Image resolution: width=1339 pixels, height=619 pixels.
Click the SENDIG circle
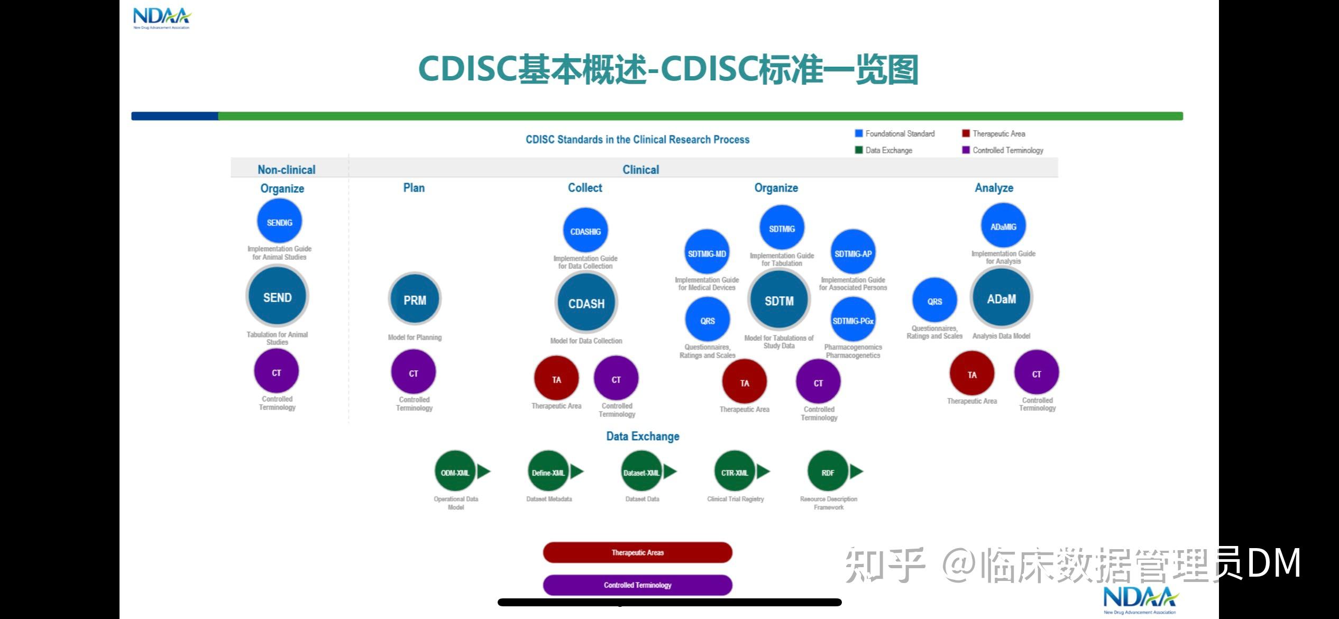(x=279, y=222)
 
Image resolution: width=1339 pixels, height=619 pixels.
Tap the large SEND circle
(x=277, y=297)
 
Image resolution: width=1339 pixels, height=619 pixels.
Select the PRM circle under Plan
(x=415, y=300)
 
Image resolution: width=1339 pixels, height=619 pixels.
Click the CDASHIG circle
(x=585, y=231)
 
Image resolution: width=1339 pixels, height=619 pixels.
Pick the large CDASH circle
(x=586, y=303)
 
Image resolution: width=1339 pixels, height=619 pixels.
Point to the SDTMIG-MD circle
(x=707, y=253)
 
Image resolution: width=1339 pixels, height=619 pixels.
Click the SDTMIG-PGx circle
(x=852, y=321)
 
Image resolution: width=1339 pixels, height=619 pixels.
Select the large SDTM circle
(x=779, y=301)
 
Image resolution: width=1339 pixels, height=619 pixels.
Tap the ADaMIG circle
(x=1003, y=226)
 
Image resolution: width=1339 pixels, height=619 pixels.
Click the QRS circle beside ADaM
(x=934, y=301)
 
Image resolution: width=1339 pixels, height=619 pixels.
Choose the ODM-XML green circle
(x=455, y=472)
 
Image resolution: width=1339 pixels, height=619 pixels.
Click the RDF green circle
(x=828, y=472)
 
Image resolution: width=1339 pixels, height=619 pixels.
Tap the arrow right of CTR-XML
(x=763, y=471)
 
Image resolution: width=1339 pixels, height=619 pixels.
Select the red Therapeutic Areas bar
(x=637, y=552)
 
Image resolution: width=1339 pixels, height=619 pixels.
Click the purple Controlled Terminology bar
(x=637, y=585)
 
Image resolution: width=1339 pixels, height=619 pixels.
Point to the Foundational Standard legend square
(x=859, y=133)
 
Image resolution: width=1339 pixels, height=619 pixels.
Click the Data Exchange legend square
(x=859, y=150)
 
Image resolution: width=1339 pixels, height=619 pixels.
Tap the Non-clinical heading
(x=286, y=169)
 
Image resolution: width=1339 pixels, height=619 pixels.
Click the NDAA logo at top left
(x=161, y=18)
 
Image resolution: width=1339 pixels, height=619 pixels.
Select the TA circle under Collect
(x=556, y=379)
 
